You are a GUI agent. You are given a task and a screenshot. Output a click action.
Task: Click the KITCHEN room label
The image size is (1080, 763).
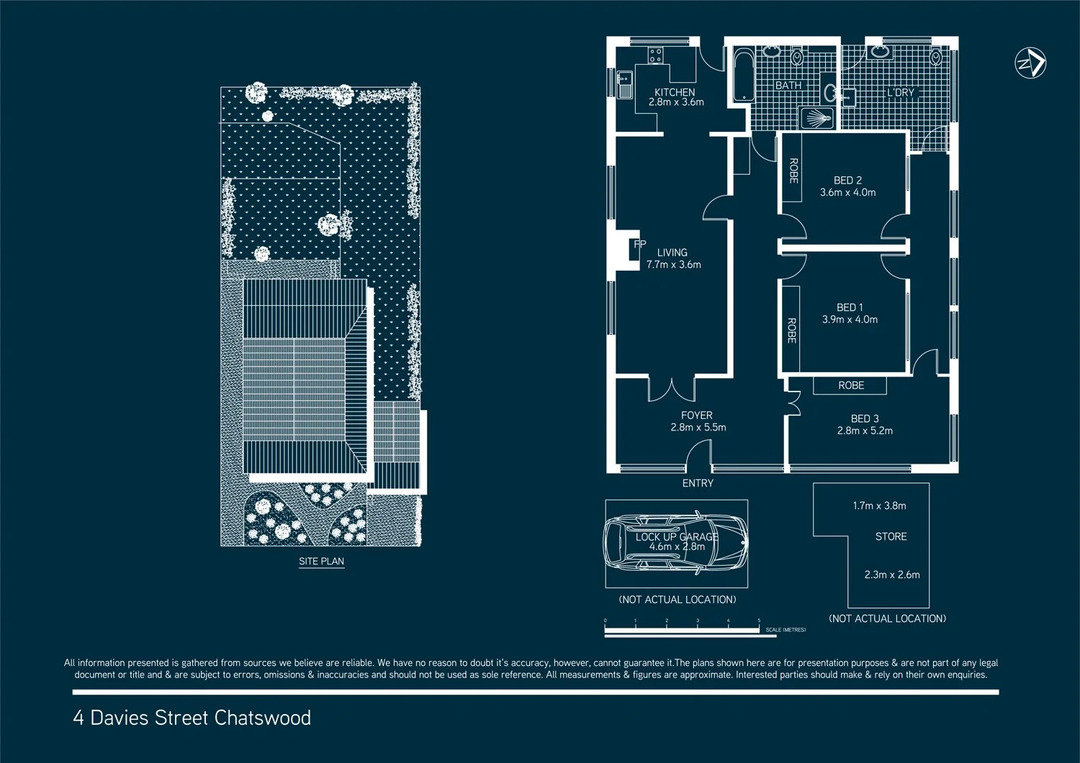click(x=675, y=92)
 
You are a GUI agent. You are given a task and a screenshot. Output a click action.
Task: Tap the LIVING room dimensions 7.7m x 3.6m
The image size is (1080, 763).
click(x=673, y=265)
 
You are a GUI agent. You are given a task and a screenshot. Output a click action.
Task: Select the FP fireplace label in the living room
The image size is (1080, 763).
click(x=640, y=244)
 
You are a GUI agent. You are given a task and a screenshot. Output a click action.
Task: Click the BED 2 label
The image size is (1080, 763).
click(x=847, y=181)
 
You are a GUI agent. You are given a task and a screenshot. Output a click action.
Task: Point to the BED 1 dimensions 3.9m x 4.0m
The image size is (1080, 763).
click(x=850, y=320)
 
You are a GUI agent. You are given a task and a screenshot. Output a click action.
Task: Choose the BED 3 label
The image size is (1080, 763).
click(x=865, y=419)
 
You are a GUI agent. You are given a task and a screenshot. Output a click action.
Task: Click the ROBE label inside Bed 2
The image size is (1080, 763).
click(x=793, y=171)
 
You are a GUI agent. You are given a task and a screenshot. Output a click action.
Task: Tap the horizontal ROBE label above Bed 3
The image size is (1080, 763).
click(x=850, y=386)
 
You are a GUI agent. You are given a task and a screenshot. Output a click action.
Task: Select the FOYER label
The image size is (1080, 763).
click(x=697, y=415)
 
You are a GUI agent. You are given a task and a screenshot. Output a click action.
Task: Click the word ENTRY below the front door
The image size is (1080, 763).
click(x=698, y=484)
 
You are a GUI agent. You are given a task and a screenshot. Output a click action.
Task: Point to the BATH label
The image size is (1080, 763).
click(x=788, y=86)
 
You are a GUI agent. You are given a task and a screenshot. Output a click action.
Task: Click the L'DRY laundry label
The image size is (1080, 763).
click(x=900, y=93)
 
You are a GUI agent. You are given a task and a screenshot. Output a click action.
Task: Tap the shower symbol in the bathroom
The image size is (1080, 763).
click(x=816, y=117)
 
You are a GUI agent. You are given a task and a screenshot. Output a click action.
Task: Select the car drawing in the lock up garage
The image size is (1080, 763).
click(x=675, y=543)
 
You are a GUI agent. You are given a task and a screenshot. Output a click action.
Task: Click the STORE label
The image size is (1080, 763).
click(x=891, y=537)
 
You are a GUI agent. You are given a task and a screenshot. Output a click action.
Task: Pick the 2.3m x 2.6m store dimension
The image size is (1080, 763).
click(x=892, y=575)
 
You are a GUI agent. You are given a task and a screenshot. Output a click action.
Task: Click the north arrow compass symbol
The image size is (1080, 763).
click(x=1030, y=63)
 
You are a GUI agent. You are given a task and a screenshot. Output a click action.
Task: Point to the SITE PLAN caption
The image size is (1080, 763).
click(x=321, y=561)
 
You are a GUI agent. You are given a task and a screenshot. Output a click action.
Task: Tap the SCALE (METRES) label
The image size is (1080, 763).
click(x=786, y=630)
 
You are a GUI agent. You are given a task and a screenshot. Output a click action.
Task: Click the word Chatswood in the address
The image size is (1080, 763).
click(x=263, y=718)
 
